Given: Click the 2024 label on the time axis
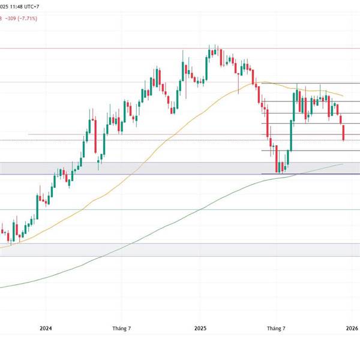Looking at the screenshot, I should click(x=46, y=328).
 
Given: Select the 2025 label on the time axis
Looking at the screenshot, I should click(x=200, y=328).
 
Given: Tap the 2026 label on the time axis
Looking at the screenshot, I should click(x=352, y=328).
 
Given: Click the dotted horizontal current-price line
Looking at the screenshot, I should click(x=180, y=140).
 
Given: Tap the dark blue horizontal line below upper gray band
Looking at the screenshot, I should click(x=180, y=175).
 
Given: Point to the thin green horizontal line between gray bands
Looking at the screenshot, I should click(x=180, y=209).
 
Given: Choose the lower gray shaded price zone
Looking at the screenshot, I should click(x=180, y=250).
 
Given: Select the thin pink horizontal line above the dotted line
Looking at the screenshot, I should click(x=180, y=134).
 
